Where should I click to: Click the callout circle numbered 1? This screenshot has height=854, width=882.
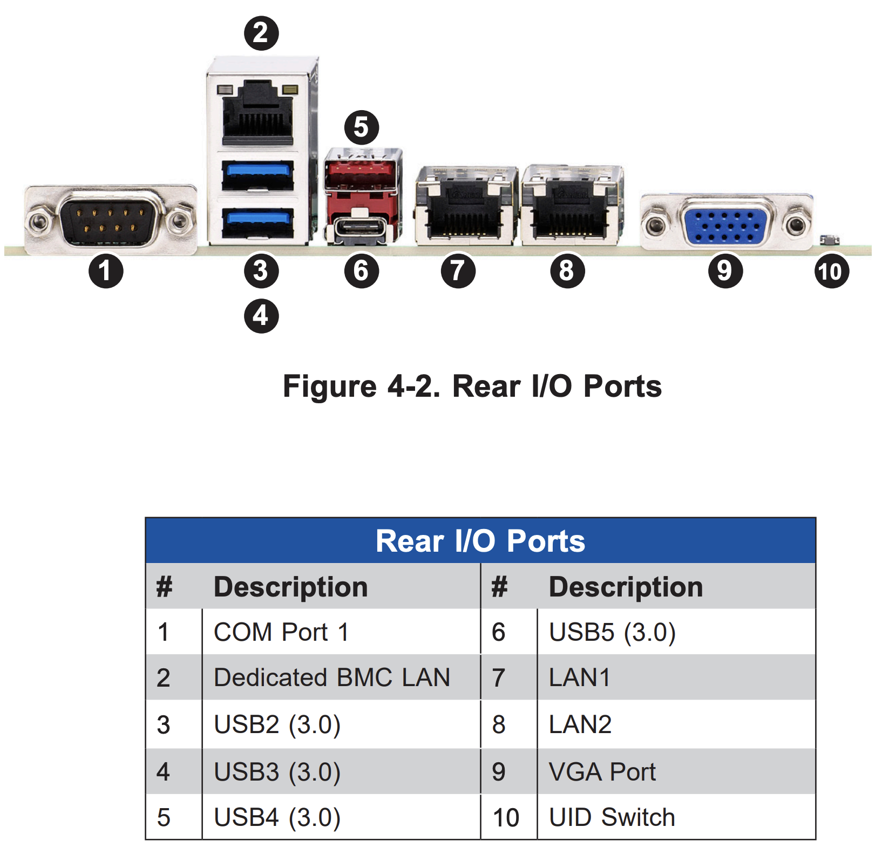click(106, 270)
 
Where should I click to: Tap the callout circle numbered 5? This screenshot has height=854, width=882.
click(362, 127)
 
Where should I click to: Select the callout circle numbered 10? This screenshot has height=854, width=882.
click(831, 270)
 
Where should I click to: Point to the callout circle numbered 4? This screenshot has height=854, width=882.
click(261, 316)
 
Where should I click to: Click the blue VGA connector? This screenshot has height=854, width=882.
click(726, 222)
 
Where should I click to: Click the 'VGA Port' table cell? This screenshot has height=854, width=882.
click(676, 771)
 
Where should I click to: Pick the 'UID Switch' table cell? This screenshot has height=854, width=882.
click(676, 817)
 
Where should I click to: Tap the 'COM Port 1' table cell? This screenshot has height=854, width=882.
click(341, 632)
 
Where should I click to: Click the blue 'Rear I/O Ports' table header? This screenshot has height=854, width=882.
click(480, 541)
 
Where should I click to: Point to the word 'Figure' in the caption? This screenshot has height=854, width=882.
click(330, 387)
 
